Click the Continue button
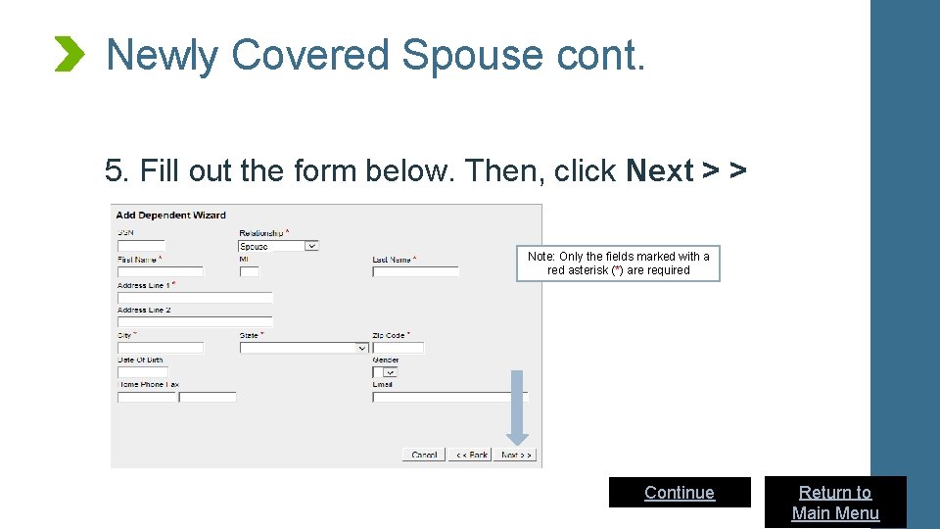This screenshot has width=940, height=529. pos(680,492)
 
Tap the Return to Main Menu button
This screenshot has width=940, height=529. pos(835,503)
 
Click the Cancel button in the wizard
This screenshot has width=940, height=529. pos(424,455)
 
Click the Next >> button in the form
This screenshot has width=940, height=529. pos(516,455)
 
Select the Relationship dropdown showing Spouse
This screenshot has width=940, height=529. pos(278,246)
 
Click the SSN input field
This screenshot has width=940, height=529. pos(141,246)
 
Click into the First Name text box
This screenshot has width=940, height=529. pos(160,271)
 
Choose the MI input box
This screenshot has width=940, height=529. pos(249,271)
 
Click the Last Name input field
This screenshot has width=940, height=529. pos(415,271)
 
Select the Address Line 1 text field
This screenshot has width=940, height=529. pos(194,297)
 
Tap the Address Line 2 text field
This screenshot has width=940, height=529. pos(194,321)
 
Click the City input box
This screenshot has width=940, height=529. pos(160,347)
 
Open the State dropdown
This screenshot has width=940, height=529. pos(304,347)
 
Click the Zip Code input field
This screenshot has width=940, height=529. pos(398,347)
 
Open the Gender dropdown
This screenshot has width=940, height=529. pos(385,372)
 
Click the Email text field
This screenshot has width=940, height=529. pos(449,397)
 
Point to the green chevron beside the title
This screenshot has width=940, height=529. pos(70,54)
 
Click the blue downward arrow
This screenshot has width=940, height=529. pos(518,407)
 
